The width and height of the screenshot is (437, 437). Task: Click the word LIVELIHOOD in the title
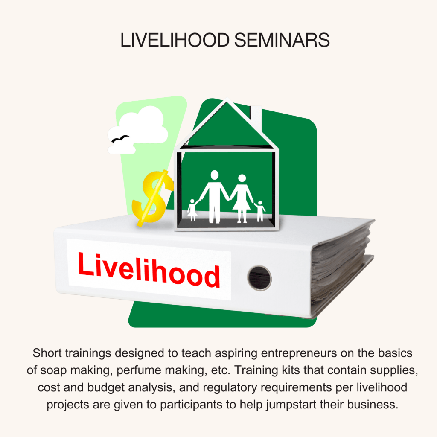175,40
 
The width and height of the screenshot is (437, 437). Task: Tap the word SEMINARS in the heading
282,40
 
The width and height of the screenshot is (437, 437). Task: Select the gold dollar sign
153,198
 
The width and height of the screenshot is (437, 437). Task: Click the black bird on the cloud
120,139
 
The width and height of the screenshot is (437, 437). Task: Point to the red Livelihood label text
149,270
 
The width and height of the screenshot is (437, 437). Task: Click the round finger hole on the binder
259,278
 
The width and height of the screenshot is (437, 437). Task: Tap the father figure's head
214,175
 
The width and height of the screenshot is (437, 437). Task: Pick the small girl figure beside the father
192,210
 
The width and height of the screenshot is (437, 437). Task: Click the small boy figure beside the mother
260,211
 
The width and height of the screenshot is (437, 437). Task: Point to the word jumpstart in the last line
291,405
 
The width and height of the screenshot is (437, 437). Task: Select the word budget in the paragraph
106,387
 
